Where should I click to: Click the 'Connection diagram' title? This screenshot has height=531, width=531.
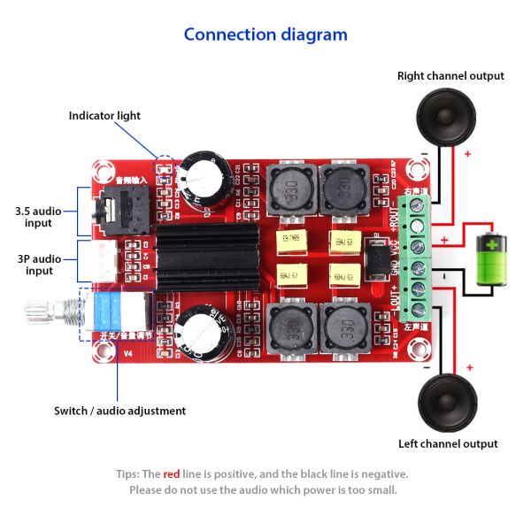pyautogui.click(x=265, y=35)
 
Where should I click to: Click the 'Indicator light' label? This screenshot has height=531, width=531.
pyautogui.click(x=104, y=116)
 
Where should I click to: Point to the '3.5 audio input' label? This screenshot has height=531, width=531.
pyautogui.click(x=39, y=217)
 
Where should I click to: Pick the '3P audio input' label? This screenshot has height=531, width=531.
pyautogui.click(x=39, y=264)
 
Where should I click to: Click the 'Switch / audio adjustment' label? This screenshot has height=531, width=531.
pyautogui.click(x=119, y=411)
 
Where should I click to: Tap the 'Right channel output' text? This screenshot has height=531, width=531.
pyautogui.click(x=450, y=76)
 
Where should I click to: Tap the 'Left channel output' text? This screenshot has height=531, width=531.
pyautogui.click(x=448, y=443)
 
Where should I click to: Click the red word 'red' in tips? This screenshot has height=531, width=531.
pyautogui.click(x=172, y=473)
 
